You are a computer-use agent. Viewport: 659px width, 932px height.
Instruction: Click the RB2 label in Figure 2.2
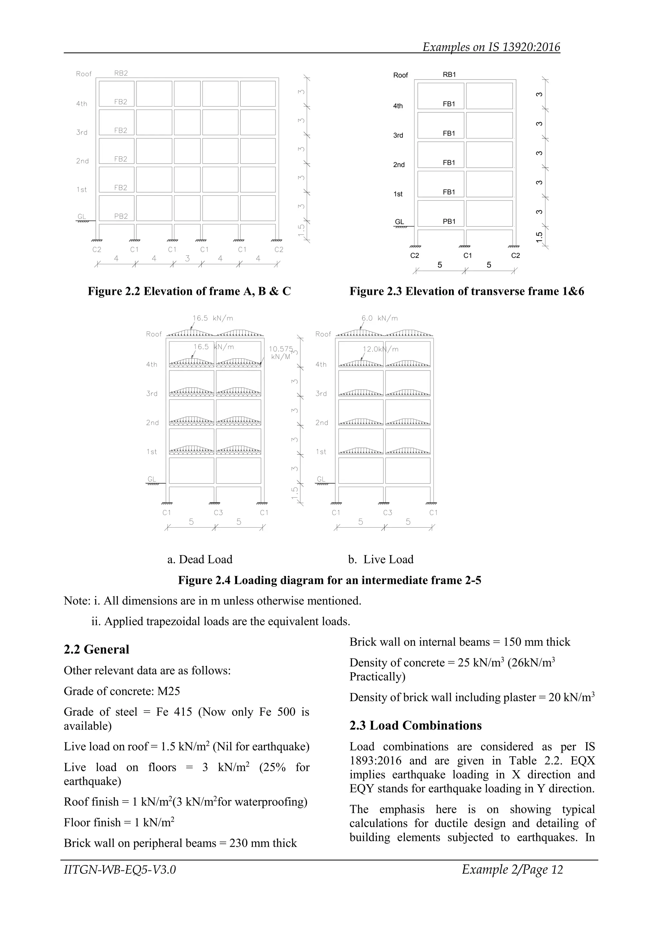click(x=121, y=73)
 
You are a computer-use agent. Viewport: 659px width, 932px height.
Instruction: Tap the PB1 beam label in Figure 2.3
click(x=449, y=221)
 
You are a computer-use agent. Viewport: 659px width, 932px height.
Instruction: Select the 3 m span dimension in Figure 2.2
click(x=187, y=258)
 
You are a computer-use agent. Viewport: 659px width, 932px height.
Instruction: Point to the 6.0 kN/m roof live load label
click(x=379, y=318)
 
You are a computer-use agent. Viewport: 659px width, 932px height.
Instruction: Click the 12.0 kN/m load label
click(x=380, y=349)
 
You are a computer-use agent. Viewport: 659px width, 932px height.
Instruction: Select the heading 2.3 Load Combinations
click(x=415, y=725)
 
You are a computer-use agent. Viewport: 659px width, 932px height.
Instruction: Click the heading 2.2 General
click(x=96, y=649)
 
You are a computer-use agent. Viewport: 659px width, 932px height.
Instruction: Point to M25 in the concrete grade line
click(x=168, y=691)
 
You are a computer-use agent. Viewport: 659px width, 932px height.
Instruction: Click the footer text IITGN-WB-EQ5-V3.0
click(x=120, y=869)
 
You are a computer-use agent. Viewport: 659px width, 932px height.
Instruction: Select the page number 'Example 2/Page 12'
click(x=512, y=869)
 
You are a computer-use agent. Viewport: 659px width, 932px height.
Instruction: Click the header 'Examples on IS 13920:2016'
click(x=491, y=47)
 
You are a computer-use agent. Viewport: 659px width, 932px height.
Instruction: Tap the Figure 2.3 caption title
click(x=467, y=291)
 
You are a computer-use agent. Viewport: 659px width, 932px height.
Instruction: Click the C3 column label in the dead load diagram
click(x=218, y=512)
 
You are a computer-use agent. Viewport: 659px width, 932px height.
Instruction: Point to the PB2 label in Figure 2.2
click(x=121, y=216)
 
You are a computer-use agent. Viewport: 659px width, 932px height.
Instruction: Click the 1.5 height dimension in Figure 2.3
click(x=539, y=237)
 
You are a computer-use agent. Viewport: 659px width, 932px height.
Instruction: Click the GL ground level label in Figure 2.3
click(x=399, y=221)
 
